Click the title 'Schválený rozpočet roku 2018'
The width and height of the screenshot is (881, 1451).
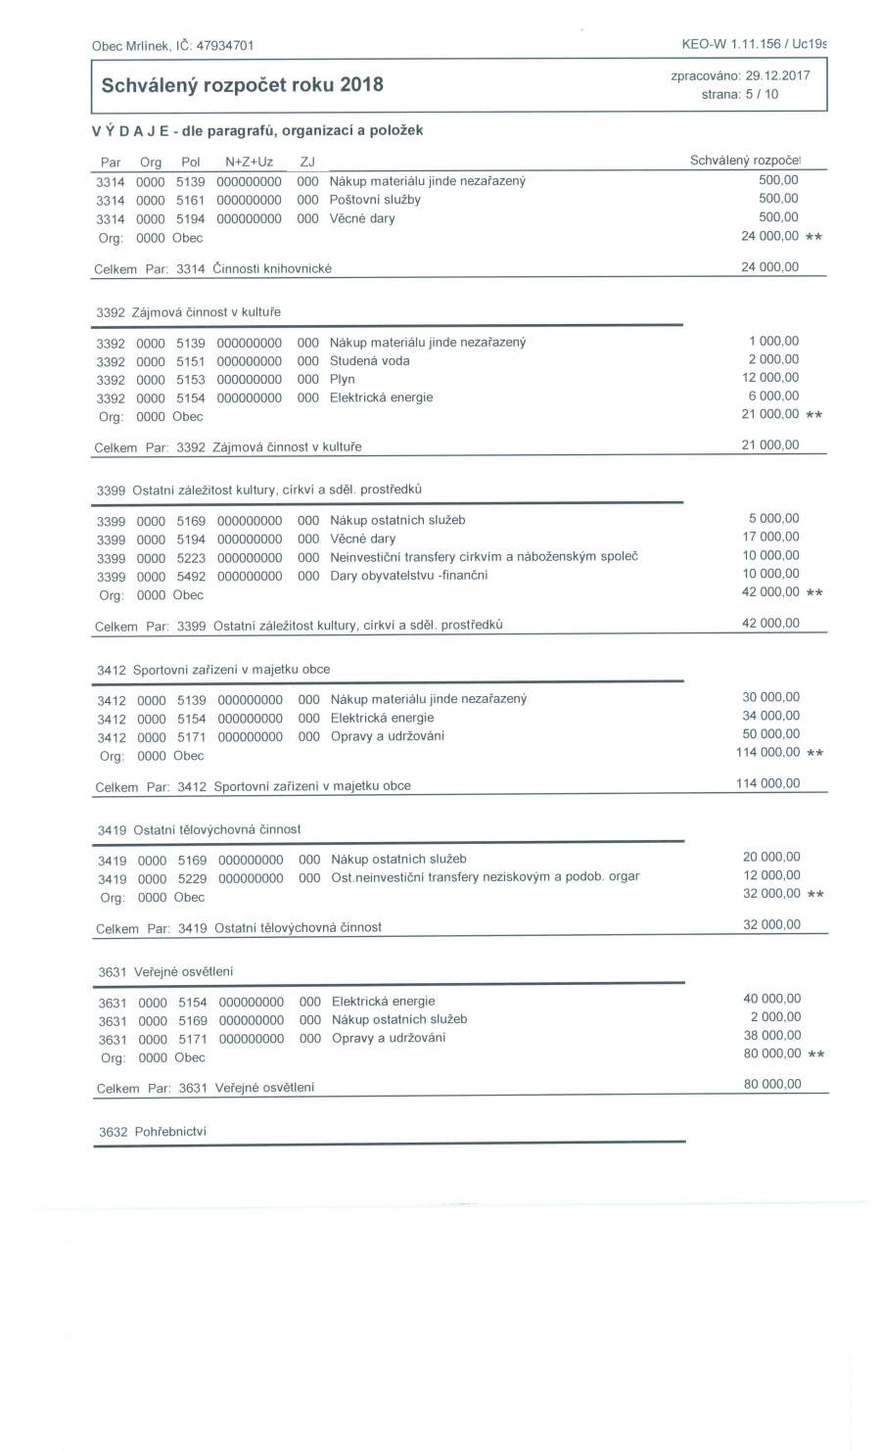[x=242, y=85]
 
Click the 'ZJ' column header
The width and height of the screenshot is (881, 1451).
[x=306, y=162]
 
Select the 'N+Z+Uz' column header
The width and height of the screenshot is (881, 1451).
[x=249, y=162]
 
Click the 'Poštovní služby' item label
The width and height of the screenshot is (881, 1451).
[x=375, y=200]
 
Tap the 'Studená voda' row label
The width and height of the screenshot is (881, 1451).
[x=369, y=360]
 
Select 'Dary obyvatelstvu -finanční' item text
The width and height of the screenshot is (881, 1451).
[x=408, y=575]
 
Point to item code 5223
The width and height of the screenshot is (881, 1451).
[x=191, y=558]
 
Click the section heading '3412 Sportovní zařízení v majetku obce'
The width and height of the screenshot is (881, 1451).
[x=213, y=670]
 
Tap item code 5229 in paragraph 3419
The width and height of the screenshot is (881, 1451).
[x=192, y=878]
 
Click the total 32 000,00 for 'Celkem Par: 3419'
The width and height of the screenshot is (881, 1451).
[x=771, y=924]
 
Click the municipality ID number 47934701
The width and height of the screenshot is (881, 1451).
[x=225, y=45]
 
